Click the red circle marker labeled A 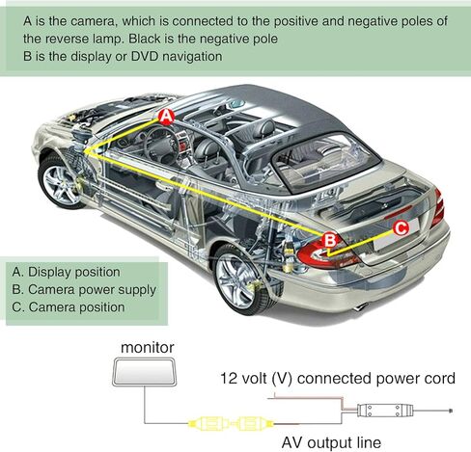(166, 117)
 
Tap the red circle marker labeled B (330, 240)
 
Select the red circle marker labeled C (401, 228)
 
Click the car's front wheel (61, 182)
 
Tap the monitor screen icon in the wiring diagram (145, 372)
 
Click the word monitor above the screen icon (148, 347)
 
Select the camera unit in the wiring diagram (385, 411)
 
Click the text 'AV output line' (331, 442)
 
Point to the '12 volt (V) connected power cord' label (338, 378)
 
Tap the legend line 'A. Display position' (66, 272)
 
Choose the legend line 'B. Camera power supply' (84, 290)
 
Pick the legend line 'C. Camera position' (69, 307)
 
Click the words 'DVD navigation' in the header (177, 56)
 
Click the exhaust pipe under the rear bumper (361, 307)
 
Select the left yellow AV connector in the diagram (209, 424)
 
